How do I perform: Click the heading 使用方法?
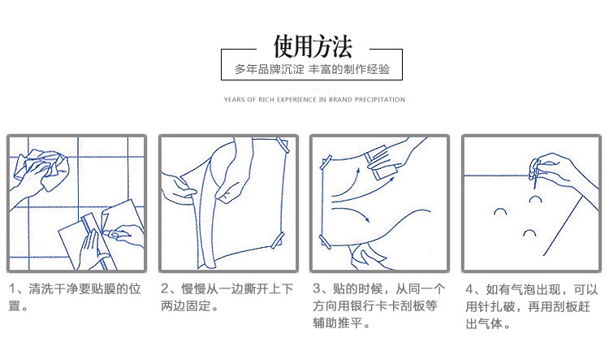[313, 47]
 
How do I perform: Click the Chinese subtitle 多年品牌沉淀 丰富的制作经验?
[312, 69]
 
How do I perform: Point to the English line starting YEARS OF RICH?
[314, 99]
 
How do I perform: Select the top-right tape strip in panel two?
[283, 145]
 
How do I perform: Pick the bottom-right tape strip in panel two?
[278, 241]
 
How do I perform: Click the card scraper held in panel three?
[382, 162]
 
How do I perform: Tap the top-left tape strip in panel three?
[326, 163]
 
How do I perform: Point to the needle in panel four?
[535, 174]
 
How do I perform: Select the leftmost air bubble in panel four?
[500, 212]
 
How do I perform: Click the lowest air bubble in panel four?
[529, 233]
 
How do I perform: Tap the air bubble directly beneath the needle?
[536, 199]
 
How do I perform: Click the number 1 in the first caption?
[12, 288]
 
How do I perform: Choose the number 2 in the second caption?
[164, 288]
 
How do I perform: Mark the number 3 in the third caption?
[317, 288]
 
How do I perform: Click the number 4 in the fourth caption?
[469, 289]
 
